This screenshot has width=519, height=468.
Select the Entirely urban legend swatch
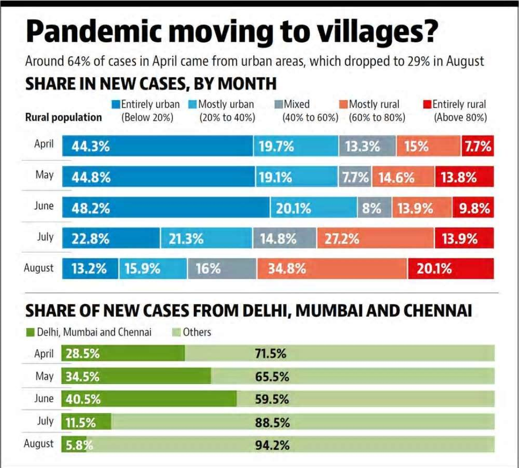(116, 104)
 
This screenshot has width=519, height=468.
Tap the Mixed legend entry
(297, 104)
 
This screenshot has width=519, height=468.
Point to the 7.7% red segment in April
(478, 146)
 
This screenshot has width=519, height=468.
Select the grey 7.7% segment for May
(355, 177)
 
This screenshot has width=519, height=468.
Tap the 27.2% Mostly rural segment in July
(375, 239)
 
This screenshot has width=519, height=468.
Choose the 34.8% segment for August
(332, 269)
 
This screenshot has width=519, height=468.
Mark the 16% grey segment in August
(222, 269)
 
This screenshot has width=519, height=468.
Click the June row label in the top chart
(44, 206)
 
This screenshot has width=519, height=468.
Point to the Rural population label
(63, 117)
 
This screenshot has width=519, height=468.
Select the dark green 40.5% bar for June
(149, 399)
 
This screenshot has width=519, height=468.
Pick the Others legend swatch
(177, 333)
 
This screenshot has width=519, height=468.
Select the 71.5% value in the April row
(270, 354)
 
